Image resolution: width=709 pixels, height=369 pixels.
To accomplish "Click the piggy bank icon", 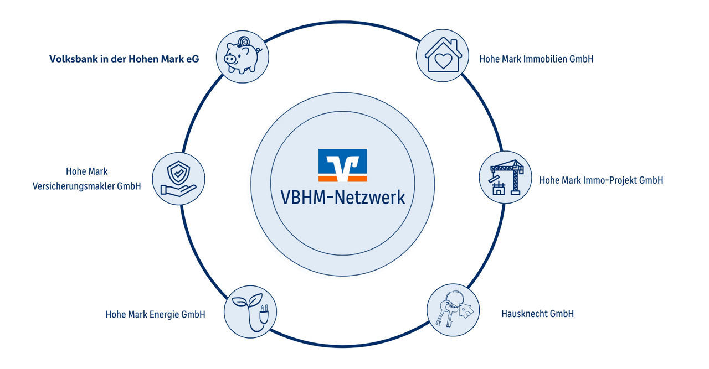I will coord(243,56).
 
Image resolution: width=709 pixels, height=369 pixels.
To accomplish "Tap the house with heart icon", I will coord(442,55).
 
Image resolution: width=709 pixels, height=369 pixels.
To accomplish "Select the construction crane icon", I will coord(505,178).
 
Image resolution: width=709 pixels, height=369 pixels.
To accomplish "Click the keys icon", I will coord(453,310).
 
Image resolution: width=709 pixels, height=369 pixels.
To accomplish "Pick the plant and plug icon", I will coord(249,311).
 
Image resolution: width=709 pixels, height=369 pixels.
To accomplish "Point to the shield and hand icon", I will coord(178,179).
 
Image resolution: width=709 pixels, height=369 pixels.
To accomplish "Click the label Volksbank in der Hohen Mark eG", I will coord(124,59).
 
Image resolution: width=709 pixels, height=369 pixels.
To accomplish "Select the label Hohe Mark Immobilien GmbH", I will coord(536,59).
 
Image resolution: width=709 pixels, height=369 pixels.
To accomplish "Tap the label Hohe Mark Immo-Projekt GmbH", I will coord(601,180).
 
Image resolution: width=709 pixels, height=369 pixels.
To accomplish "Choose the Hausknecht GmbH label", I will coord(537,314).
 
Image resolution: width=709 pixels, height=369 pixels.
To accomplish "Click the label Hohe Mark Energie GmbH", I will coord(155,314).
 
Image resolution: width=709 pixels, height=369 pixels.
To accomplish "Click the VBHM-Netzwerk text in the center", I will coord(342,197).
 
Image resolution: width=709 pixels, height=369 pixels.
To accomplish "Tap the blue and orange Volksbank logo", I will coord(342,165).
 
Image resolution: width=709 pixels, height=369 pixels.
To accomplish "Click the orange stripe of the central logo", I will coord(342,179).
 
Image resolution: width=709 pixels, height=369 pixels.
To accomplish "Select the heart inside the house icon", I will coord(443,61).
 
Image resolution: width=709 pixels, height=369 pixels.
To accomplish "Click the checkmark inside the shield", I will coord(178,174).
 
